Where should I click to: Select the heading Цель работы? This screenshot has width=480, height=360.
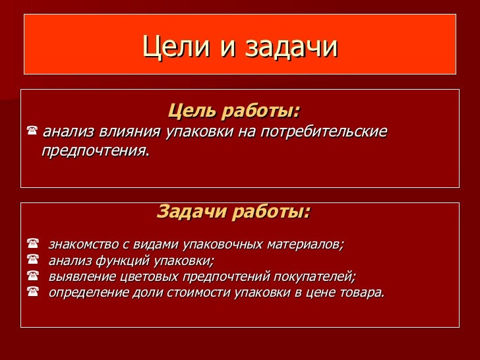click(234, 109)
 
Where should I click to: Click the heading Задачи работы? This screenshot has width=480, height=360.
click(233, 212)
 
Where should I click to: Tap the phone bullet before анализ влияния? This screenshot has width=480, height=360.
click(31, 132)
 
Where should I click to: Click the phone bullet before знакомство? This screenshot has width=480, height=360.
click(32, 245)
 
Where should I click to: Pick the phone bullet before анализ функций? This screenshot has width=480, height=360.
click(32, 260)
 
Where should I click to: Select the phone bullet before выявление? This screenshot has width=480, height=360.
click(32, 276)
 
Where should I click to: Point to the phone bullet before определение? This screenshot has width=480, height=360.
click(32, 291)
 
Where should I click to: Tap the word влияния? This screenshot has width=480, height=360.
click(129, 132)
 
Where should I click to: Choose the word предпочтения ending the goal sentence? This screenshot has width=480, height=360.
click(94, 151)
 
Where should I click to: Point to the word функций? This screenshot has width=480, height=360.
click(125, 260)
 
